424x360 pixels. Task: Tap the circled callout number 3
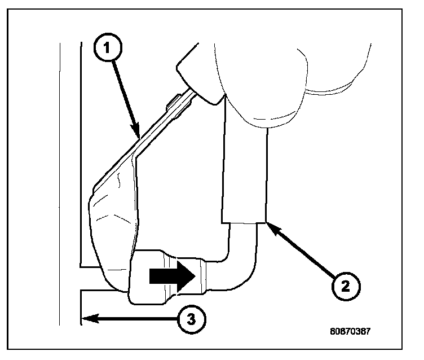tap(191, 319)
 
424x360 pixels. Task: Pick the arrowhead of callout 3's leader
tap(86, 319)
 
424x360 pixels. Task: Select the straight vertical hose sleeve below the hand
tap(244, 169)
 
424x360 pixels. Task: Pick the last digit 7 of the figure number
tap(368, 332)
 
